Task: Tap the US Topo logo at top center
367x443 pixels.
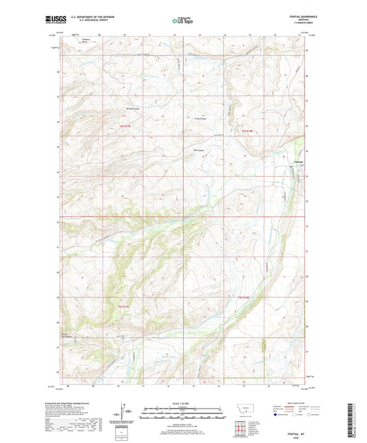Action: (182, 21)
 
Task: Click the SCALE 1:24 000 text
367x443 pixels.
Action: (182, 393)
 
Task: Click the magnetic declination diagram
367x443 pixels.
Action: (125, 409)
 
